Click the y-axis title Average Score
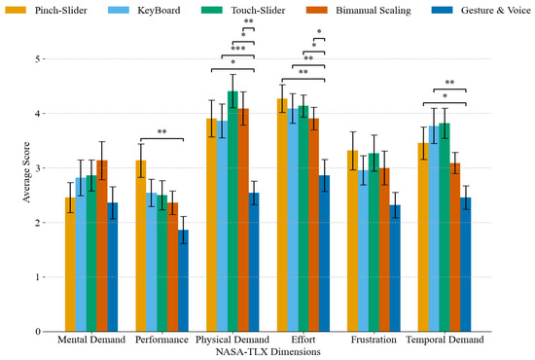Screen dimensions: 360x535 pyautogui.click(x=12, y=195)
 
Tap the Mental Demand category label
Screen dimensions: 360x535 pyautogui.click(x=91, y=342)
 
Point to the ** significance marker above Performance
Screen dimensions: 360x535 pyautogui.click(x=161, y=133)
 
